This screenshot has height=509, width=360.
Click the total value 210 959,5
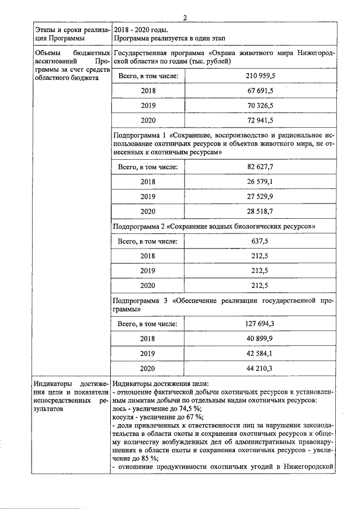[259, 75]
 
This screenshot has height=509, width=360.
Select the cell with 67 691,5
[259, 90]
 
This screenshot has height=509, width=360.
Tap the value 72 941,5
[259, 120]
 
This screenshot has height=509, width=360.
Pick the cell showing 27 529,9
[259, 197]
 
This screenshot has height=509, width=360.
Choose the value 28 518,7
[259, 212]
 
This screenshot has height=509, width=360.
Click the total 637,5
[259, 242]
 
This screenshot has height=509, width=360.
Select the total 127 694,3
[259, 324]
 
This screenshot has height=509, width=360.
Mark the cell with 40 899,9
[259, 339]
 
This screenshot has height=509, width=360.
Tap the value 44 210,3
[259, 369]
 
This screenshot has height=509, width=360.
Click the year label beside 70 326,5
[147, 105]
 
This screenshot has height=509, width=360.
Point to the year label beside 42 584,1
[147, 354]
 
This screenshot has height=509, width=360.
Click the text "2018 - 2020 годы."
[141, 29]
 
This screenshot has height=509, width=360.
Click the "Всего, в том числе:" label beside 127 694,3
[147, 324]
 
